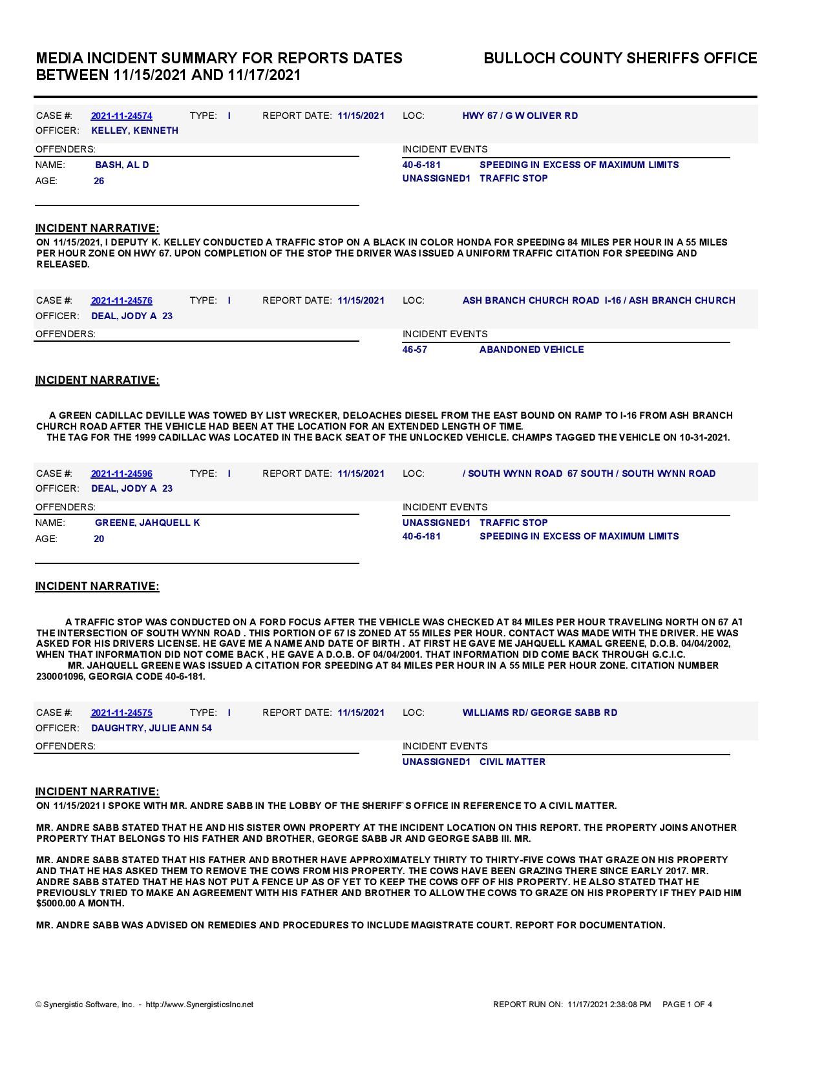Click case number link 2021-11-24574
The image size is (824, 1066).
121,116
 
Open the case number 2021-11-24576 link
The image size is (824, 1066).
121,301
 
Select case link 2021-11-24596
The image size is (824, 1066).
121,474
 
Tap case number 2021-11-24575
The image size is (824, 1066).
121,713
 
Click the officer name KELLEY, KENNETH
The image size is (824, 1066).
135,131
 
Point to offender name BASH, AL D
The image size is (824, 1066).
122,165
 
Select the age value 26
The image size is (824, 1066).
99,181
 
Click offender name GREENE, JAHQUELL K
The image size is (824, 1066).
147,523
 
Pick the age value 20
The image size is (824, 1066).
99,539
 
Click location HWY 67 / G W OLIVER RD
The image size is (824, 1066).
520,116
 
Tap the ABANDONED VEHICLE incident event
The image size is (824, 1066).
531,350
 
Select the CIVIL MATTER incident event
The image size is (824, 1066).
512,762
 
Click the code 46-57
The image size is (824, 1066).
415,350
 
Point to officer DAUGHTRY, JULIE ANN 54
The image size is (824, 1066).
152,728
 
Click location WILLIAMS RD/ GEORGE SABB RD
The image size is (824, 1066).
540,713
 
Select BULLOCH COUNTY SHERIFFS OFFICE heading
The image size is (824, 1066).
620,58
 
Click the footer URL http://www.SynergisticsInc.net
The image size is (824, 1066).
200,1005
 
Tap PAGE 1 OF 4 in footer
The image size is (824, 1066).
687,1005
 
